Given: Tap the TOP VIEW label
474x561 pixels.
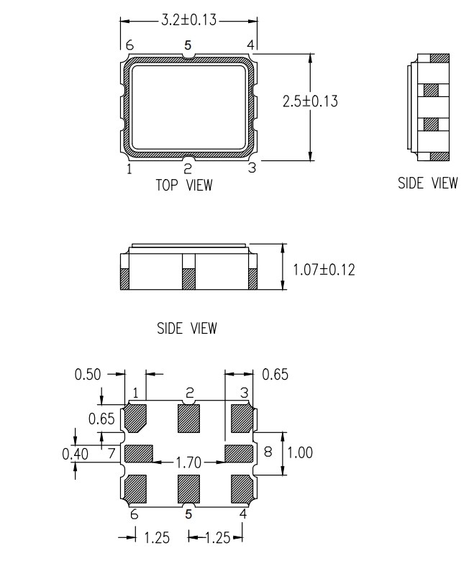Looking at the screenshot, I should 184,186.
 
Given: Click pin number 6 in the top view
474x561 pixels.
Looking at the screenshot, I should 129,45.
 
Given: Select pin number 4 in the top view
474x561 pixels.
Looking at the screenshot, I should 251,45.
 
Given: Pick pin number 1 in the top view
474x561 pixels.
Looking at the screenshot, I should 129,170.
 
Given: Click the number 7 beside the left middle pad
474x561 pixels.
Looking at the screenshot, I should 111,453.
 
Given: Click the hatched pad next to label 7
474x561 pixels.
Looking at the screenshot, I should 139,453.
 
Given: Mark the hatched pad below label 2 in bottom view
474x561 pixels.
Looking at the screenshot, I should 188,419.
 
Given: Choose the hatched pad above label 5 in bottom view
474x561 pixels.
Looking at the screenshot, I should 188,489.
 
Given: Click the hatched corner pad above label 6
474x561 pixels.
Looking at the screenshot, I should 137,489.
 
